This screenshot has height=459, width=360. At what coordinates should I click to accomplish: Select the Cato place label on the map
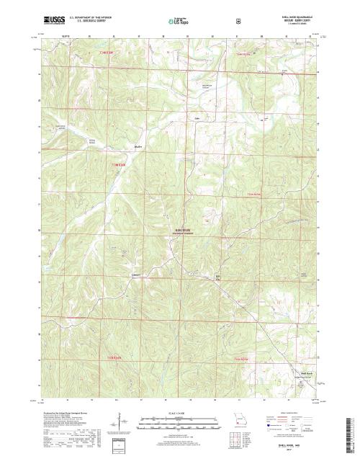195,117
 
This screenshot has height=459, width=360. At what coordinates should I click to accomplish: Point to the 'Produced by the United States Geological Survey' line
69,410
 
